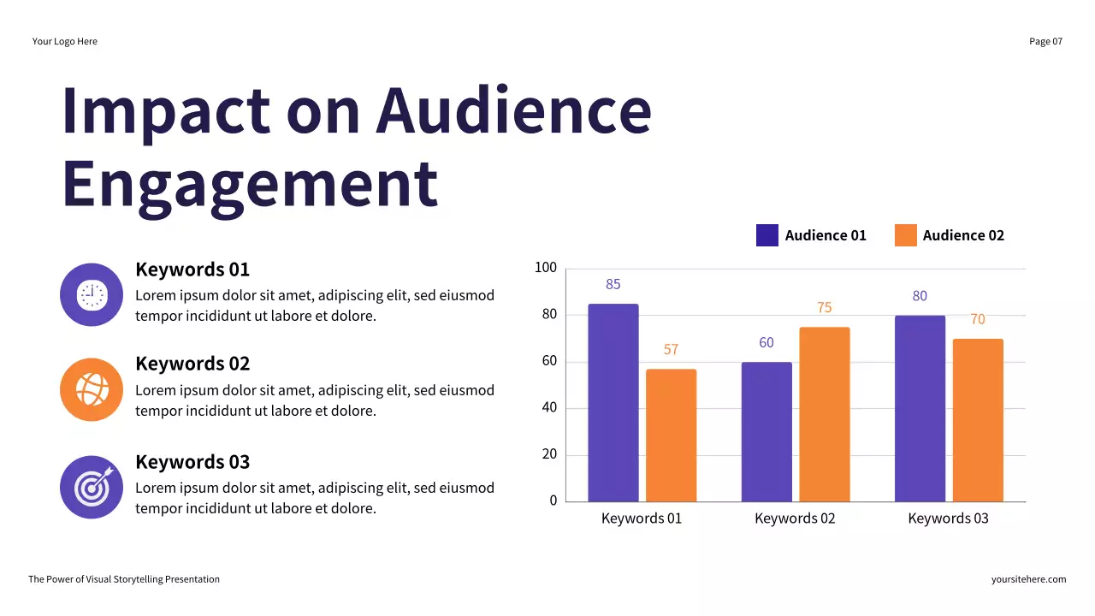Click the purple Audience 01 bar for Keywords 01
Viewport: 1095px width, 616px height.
pyautogui.click(x=613, y=402)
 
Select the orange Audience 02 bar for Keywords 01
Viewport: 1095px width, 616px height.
pyautogui.click(x=671, y=435)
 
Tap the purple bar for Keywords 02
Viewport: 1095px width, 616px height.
pyautogui.click(x=766, y=431)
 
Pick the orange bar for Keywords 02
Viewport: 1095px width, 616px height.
pyautogui.click(x=825, y=414)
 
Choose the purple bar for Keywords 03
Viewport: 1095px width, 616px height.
pyautogui.click(x=920, y=408)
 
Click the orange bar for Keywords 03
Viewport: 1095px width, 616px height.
pyautogui.click(x=978, y=420)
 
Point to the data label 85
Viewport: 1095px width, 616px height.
pyautogui.click(x=613, y=284)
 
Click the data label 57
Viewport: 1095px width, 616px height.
pyautogui.click(x=671, y=349)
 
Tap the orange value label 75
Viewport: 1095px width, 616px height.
pyautogui.click(x=825, y=308)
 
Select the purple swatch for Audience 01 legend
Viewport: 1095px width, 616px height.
pyautogui.click(x=766, y=235)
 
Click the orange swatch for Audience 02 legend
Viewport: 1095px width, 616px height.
pyautogui.click(x=905, y=235)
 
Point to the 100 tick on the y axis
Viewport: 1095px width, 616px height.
pyautogui.click(x=545, y=268)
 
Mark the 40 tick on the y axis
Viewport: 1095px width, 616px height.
pyautogui.click(x=548, y=407)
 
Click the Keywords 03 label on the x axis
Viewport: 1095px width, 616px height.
pyautogui.click(x=948, y=518)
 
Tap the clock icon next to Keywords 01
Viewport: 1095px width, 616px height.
pyautogui.click(x=92, y=294)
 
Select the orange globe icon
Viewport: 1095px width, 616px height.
pyautogui.click(x=92, y=389)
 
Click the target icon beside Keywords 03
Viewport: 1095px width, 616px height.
pyautogui.click(x=92, y=487)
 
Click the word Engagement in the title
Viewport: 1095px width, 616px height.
pyautogui.click(x=250, y=183)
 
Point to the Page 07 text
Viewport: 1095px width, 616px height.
pyautogui.click(x=1045, y=41)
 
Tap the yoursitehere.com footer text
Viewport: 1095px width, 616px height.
pyautogui.click(x=1028, y=579)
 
